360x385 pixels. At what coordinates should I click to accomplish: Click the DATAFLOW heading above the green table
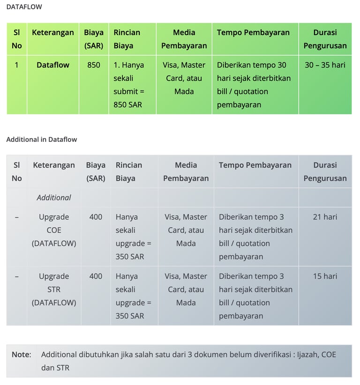(24, 7)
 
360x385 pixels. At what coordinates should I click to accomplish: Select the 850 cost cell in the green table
(94, 65)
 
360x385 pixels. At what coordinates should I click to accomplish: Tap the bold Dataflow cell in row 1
(53, 65)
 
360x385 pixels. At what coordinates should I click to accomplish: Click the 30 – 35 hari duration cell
(325, 65)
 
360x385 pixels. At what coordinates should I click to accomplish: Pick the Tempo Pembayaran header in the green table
(253, 33)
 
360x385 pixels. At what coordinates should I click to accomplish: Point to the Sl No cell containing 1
(17, 65)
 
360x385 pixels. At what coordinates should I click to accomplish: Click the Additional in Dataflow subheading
(42, 139)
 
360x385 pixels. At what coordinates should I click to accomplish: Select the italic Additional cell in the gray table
(54, 198)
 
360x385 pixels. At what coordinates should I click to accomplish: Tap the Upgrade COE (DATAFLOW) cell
(54, 230)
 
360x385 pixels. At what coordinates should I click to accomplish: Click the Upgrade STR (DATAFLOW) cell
(54, 289)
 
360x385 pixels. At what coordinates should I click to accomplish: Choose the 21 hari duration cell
(325, 217)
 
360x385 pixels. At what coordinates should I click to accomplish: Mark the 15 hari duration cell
(325, 276)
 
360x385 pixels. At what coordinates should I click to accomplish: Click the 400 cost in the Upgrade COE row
(96, 217)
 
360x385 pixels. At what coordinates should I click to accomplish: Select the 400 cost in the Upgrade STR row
(96, 276)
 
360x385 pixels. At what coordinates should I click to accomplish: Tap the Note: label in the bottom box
(22, 355)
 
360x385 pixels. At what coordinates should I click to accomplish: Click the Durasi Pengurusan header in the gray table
(325, 171)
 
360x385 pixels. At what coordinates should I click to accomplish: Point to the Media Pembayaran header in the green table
(184, 39)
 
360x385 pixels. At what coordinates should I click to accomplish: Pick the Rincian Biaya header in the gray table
(129, 171)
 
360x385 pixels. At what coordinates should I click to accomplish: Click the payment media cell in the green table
(184, 78)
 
